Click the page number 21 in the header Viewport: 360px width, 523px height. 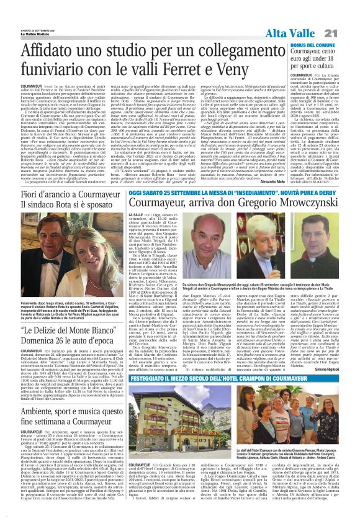tap(347, 33)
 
